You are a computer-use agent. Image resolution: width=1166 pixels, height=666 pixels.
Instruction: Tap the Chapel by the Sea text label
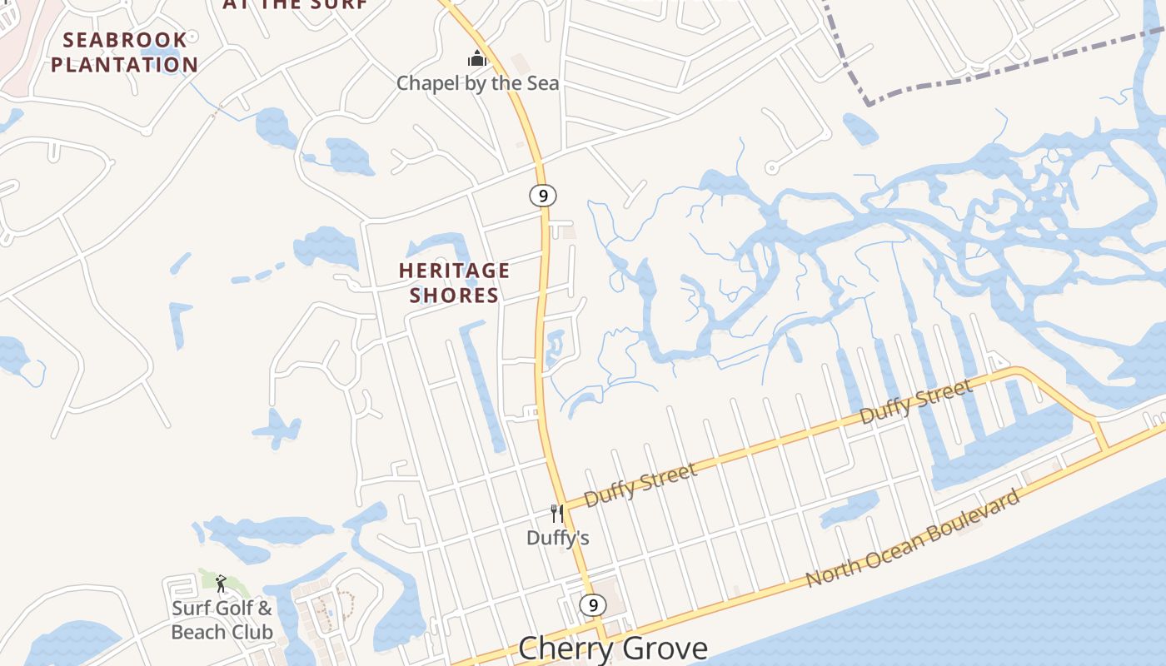click(477, 83)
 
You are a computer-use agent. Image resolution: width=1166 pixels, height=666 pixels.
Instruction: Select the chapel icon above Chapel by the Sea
click(476, 58)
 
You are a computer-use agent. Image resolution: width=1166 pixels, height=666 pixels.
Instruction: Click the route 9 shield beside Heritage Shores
click(542, 196)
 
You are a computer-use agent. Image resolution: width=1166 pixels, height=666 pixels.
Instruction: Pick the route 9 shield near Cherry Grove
click(592, 605)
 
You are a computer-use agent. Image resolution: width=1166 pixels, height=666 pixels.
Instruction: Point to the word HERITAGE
click(454, 271)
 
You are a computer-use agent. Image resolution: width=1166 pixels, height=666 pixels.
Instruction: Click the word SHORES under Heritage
click(454, 296)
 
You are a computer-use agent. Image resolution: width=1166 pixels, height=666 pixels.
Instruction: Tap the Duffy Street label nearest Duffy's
click(640, 485)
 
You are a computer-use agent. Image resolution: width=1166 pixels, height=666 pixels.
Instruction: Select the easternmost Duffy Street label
click(915, 401)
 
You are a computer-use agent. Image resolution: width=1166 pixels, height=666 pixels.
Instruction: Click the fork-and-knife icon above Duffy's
click(557, 514)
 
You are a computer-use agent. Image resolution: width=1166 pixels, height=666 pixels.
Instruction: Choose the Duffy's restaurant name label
click(558, 539)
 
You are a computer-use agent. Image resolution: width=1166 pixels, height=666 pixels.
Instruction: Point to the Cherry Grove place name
click(612, 648)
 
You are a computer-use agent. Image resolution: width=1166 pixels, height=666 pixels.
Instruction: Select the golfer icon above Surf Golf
click(221, 584)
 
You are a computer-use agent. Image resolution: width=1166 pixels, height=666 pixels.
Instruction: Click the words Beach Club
click(222, 632)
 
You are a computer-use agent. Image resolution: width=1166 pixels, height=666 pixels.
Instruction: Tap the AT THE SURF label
click(295, 4)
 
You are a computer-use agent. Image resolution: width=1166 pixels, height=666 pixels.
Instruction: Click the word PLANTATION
click(125, 65)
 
